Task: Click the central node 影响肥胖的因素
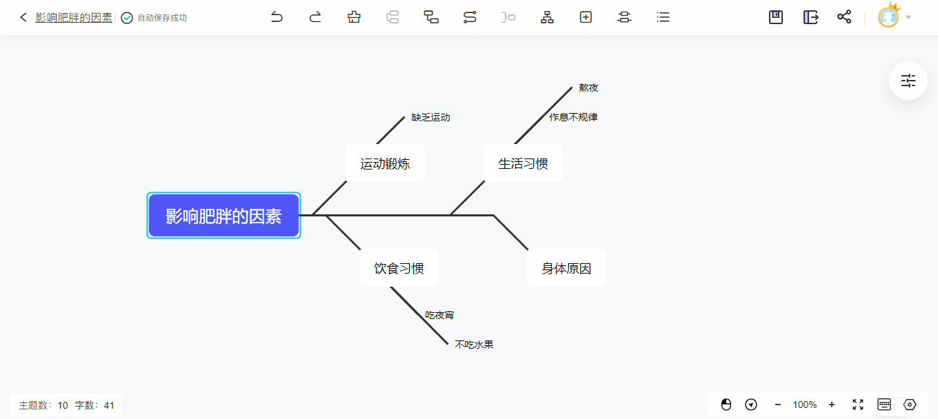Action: (x=223, y=216)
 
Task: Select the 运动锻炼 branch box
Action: (x=385, y=163)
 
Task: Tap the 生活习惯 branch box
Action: (x=523, y=163)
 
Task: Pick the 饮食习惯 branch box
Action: (x=399, y=268)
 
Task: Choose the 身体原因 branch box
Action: (x=566, y=268)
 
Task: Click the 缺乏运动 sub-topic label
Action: (x=430, y=117)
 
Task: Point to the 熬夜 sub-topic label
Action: (x=588, y=88)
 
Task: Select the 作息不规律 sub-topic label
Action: (x=573, y=117)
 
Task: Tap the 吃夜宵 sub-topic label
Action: (x=439, y=315)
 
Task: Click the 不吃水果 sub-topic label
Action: (x=474, y=345)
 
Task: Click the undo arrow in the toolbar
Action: (x=277, y=17)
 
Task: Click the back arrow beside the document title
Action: (x=23, y=17)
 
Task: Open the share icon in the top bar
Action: (x=844, y=17)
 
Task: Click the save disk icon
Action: (x=776, y=17)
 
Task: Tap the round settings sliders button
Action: (x=908, y=81)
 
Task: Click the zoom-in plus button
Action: (x=832, y=405)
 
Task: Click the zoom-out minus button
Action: (x=778, y=405)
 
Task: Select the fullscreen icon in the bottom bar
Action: (x=858, y=405)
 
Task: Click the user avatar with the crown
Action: (x=888, y=17)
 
